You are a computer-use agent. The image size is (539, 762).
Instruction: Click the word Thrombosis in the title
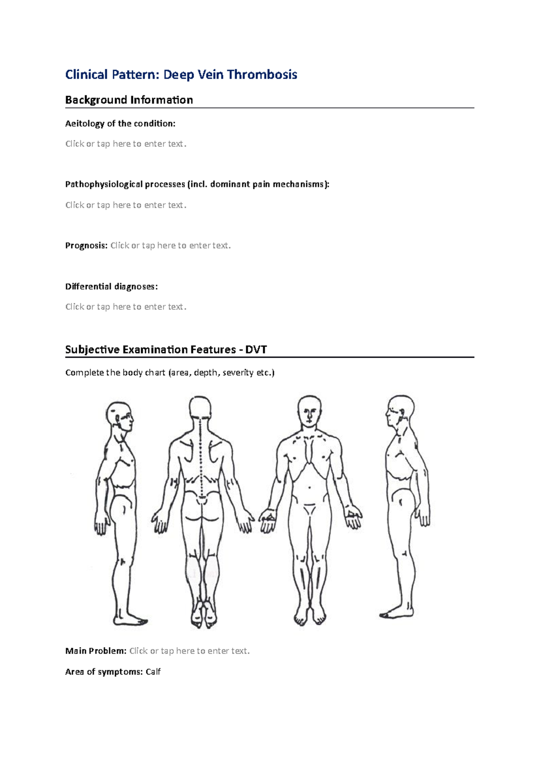click(x=262, y=74)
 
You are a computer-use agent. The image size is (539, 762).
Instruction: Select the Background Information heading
click(x=129, y=100)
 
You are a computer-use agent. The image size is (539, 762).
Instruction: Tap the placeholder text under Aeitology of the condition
click(x=125, y=144)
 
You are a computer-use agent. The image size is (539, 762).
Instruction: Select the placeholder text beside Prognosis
click(x=170, y=245)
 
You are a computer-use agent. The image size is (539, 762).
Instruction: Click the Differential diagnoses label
click(x=111, y=287)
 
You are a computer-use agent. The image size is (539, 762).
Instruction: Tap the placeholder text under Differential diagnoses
click(x=125, y=307)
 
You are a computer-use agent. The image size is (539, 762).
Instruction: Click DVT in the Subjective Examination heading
click(x=256, y=350)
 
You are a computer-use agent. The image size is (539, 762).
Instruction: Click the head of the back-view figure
click(x=200, y=408)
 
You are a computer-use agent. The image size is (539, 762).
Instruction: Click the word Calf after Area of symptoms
click(x=153, y=672)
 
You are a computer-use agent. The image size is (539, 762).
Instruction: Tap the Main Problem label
click(x=96, y=651)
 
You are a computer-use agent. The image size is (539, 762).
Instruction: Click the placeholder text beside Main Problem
click(x=189, y=651)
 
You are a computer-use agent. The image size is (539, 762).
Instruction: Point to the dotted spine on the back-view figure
click(x=201, y=462)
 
